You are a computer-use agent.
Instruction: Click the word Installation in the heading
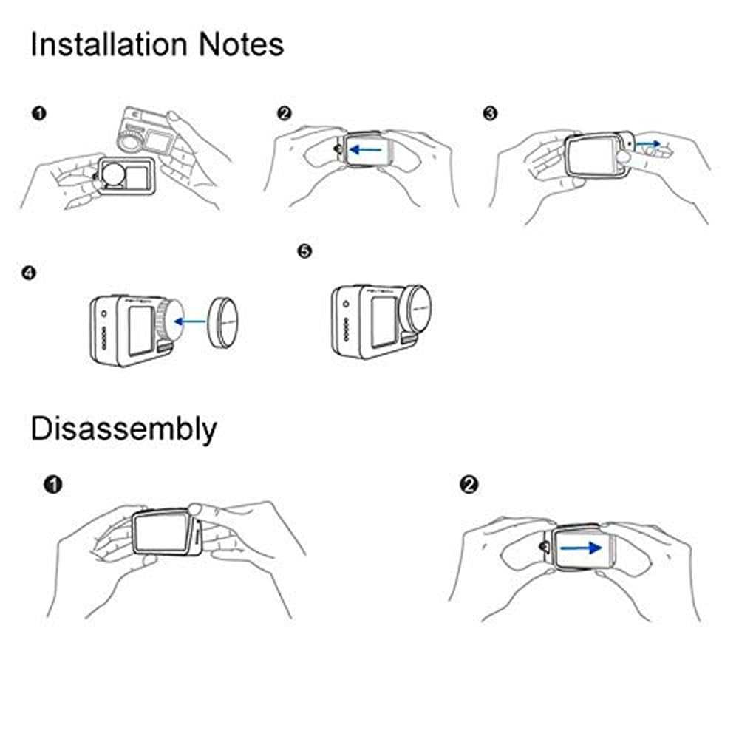click(109, 45)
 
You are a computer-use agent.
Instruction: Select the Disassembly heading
click(123, 429)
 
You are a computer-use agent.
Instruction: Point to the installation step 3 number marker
click(490, 114)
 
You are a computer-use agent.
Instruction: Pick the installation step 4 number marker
click(28, 273)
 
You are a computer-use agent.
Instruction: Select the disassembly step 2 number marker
click(469, 485)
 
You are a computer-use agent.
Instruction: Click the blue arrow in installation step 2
click(366, 150)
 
